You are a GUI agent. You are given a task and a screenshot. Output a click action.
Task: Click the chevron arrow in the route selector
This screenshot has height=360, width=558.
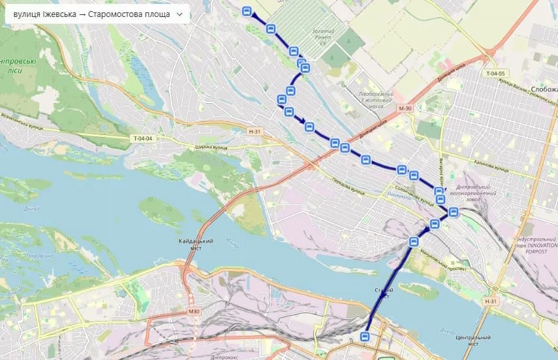pyautogui.click(x=179, y=14)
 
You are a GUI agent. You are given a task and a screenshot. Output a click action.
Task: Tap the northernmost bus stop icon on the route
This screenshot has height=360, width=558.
pyautogui.click(x=247, y=11)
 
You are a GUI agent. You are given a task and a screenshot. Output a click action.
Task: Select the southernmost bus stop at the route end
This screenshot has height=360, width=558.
pyautogui.click(x=365, y=337)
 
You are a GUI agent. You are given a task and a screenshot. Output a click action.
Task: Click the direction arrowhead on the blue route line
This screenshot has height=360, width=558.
pyautogui.click(x=301, y=119)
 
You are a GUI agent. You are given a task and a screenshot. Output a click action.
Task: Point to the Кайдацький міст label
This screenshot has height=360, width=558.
pyautogui.click(x=196, y=245)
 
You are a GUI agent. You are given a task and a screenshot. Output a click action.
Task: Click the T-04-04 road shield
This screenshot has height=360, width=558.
pyautogui.click(x=142, y=138)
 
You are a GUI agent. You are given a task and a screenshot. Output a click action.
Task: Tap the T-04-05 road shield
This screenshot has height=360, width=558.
pyautogui.click(x=496, y=74)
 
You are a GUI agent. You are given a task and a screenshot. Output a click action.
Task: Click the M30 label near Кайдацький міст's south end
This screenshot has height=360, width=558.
pyautogui.click(x=193, y=311)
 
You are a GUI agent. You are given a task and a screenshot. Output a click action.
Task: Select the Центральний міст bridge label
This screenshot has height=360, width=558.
pyautogui.click(x=473, y=341)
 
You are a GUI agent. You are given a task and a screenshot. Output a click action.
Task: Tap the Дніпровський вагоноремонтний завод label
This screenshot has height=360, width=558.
pyautogui.click(x=478, y=187)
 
